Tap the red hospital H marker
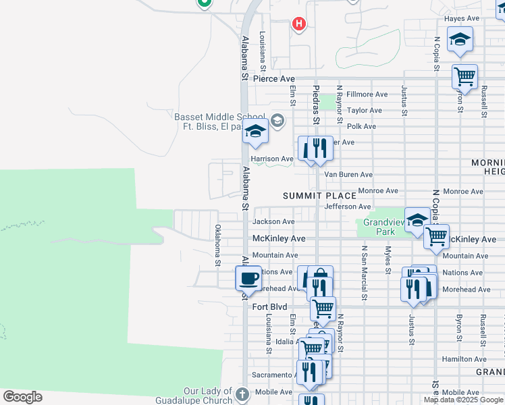299,25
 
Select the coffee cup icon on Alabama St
248,277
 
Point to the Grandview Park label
379,227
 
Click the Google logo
22,396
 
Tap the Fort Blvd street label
269,307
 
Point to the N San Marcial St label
364,272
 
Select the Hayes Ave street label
461,18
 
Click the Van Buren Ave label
348,175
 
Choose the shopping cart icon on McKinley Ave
436,236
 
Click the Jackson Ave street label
273,221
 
